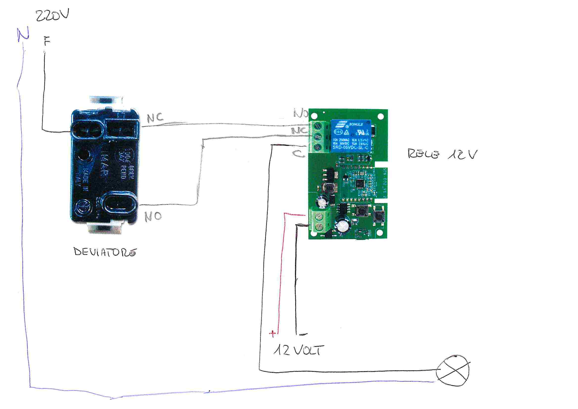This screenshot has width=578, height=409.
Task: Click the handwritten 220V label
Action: [52, 16]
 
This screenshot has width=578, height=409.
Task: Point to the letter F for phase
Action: [47, 41]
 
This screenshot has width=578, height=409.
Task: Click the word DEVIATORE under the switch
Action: [105, 252]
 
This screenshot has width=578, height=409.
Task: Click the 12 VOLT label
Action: [299, 350]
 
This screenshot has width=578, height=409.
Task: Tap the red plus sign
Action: [272, 334]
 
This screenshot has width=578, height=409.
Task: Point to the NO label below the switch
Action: [153, 216]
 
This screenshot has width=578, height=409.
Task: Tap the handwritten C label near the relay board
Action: [299, 153]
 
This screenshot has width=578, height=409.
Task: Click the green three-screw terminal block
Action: [318, 137]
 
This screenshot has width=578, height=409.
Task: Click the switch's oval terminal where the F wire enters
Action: [87, 131]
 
